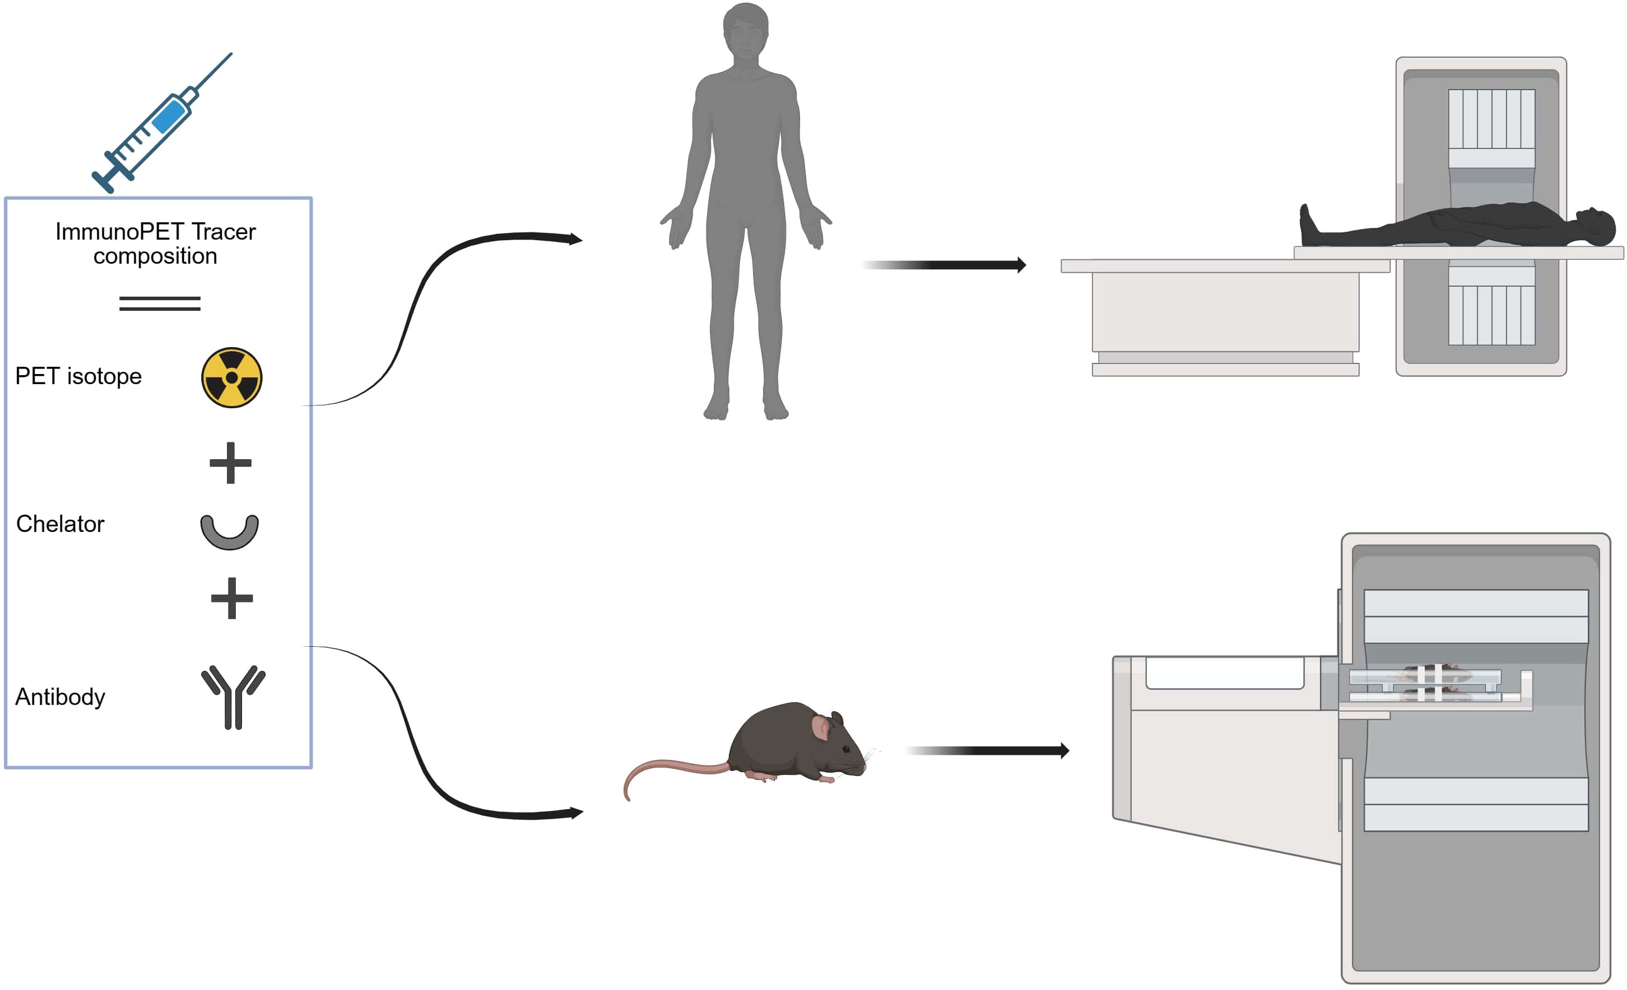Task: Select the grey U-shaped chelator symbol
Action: pos(229,533)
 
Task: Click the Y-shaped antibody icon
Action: pos(233,696)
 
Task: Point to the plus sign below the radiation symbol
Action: pos(230,463)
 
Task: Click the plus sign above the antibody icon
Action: pos(232,599)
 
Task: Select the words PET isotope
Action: pos(78,376)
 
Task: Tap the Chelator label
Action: pos(60,524)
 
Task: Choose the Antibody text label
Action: pos(60,697)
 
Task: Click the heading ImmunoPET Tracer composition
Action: pos(155,244)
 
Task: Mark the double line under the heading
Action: pos(160,303)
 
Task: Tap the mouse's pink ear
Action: pos(821,728)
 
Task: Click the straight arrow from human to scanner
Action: pos(944,265)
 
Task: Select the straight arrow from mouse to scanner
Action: pos(987,750)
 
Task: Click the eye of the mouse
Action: pos(847,749)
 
